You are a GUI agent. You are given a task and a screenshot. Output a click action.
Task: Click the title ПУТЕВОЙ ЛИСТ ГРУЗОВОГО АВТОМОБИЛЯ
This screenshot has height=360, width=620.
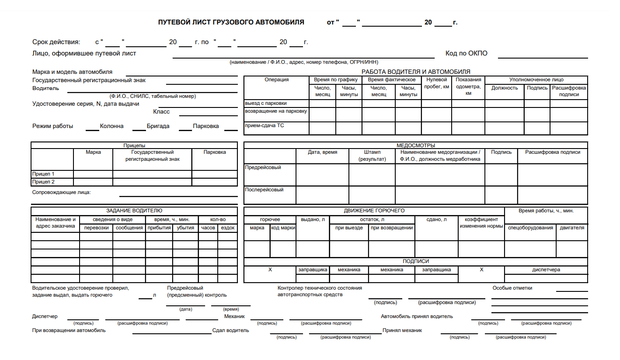pyautogui.click(x=231, y=22)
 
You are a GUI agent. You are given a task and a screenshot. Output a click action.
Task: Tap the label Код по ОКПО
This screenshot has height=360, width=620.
pyautogui.click(x=466, y=54)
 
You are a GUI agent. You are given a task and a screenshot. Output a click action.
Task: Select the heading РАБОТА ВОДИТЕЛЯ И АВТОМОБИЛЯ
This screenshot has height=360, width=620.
pyautogui.click(x=415, y=72)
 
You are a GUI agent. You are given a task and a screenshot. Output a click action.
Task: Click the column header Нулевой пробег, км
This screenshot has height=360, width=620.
pyautogui.click(x=436, y=83)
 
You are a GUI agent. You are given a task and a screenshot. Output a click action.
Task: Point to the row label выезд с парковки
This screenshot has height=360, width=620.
pyautogui.click(x=266, y=104)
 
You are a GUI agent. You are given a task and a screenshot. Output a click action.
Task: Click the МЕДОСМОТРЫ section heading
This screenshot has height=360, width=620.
pyautogui.click(x=415, y=145)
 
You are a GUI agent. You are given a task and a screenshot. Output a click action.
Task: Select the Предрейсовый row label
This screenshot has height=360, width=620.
pyautogui.click(x=263, y=167)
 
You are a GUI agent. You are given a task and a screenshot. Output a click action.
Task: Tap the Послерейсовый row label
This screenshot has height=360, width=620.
pyautogui.click(x=265, y=190)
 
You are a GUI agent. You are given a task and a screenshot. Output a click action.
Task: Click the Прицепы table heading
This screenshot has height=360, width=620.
pyautogui.click(x=134, y=145)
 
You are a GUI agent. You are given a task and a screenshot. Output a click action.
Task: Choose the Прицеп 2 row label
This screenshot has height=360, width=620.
pyautogui.click(x=43, y=182)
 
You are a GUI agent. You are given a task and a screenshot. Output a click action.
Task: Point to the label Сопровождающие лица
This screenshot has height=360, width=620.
pyautogui.click(x=61, y=192)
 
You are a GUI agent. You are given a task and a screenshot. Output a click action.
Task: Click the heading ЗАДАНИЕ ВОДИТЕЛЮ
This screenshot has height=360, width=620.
pyautogui.click(x=134, y=211)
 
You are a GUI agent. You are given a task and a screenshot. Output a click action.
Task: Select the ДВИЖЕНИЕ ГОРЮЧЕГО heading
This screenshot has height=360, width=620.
pyautogui.click(x=374, y=211)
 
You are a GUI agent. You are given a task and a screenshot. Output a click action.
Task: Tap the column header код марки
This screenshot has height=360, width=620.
pyautogui.click(x=283, y=228)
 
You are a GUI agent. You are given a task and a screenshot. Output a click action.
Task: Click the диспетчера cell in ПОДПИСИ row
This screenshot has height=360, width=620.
pyautogui.click(x=546, y=270)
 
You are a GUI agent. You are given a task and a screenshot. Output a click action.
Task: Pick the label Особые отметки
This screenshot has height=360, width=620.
pyautogui.click(x=512, y=288)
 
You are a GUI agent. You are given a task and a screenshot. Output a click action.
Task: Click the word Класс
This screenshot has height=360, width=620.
pyautogui.click(x=161, y=112)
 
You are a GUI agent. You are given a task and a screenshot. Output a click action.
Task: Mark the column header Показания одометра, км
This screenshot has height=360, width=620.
pyautogui.click(x=468, y=86)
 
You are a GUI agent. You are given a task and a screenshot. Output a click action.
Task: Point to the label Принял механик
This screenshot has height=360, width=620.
pyautogui.click(x=402, y=330)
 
